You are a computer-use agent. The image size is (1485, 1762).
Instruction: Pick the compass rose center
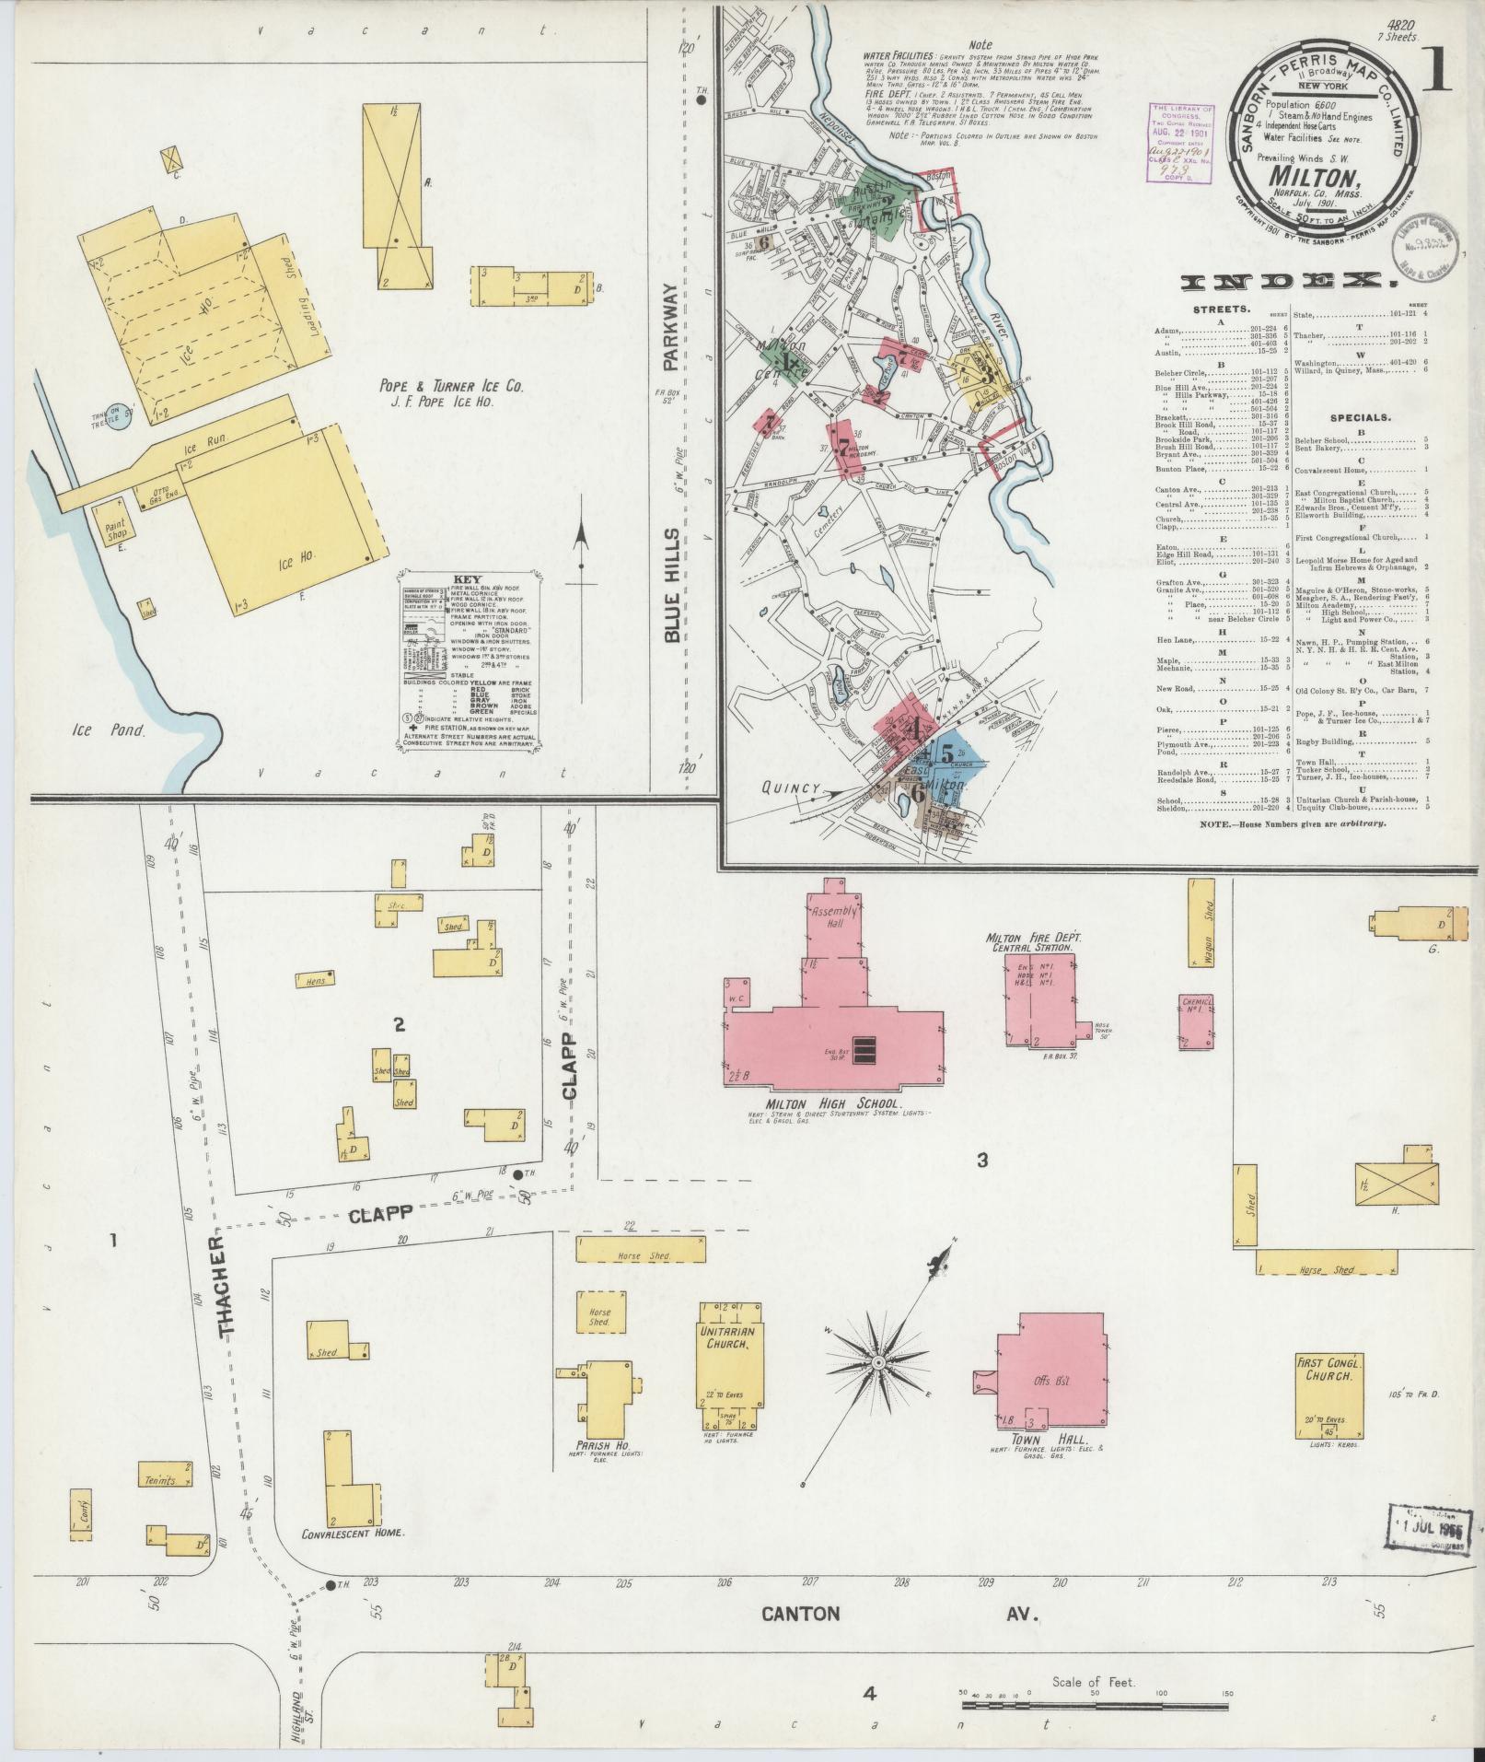pyautogui.click(x=879, y=1362)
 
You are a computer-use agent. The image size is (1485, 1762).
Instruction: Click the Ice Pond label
pyautogui.click(x=110, y=731)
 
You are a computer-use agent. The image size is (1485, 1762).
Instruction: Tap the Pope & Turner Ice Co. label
pyautogui.click(x=451, y=388)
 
